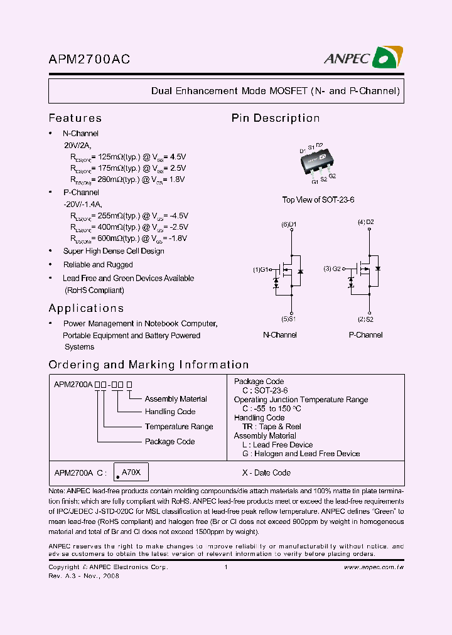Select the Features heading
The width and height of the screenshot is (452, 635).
click(75, 118)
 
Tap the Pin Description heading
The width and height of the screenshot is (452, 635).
click(275, 118)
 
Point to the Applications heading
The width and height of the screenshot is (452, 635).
click(86, 308)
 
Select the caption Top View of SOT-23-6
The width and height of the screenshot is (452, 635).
click(318, 200)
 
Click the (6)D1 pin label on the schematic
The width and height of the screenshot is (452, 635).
click(289, 224)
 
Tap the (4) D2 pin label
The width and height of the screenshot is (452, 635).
click(366, 222)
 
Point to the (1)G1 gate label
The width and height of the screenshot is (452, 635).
click(261, 270)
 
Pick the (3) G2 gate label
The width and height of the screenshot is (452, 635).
click(332, 269)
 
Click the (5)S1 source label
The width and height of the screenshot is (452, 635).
click(289, 319)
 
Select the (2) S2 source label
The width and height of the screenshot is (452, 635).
click(366, 319)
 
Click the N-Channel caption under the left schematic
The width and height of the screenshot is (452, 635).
click(279, 335)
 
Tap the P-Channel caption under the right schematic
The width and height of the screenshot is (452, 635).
click(365, 335)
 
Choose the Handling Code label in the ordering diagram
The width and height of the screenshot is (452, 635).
click(169, 412)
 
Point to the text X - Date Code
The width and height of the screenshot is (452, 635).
click(266, 472)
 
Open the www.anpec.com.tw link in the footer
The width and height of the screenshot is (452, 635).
click(374, 567)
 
